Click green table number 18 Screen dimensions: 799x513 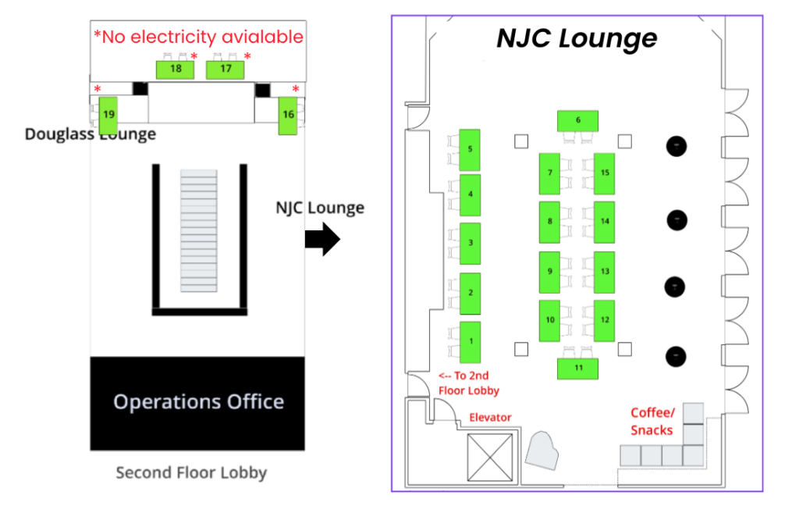point(175,69)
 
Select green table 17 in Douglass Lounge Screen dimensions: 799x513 point(225,69)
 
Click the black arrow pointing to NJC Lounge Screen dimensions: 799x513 point(322,239)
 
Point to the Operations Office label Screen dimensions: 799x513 point(198,402)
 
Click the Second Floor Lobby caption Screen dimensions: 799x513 point(191,472)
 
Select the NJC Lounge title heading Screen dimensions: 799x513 point(577,38)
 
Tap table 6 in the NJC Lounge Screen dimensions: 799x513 point(577,121)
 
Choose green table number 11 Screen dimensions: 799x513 point(577,369)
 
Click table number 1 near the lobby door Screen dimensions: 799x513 point(470,342)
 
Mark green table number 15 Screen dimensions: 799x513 point(604,173)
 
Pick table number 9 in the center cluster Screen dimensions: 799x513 point(549,272)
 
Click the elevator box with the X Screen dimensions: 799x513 point(490,457)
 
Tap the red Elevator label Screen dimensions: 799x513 point(490,418)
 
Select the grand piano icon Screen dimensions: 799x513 point(542,451)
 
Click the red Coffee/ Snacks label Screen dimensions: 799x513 point(652,421)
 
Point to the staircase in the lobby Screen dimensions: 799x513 point(199,230)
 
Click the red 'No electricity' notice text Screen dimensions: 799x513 point(198,37)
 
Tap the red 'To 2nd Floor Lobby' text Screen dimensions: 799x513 point(469,383)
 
